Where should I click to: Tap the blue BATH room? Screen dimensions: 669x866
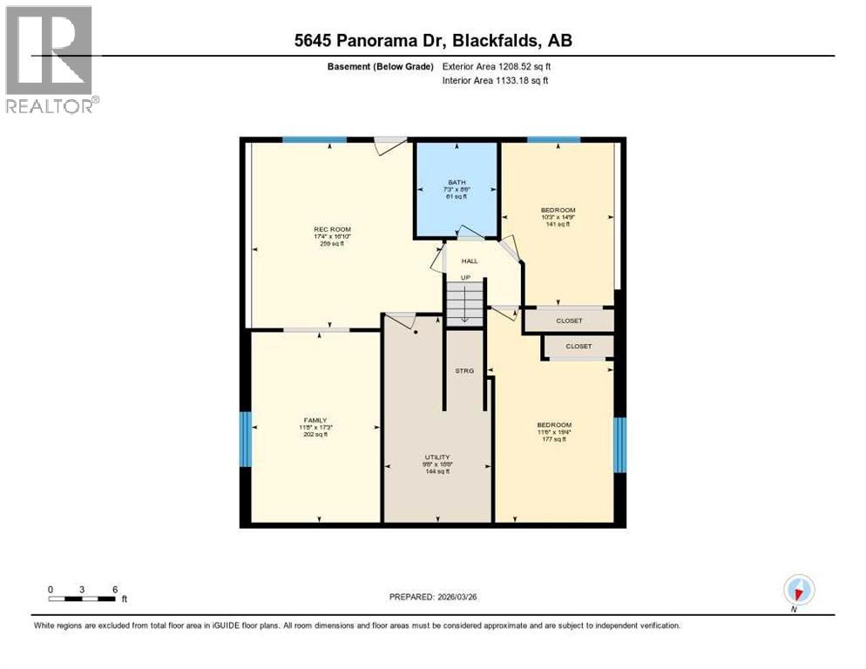click(x=457, y=189)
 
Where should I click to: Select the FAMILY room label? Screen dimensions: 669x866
click(x=315, y=420)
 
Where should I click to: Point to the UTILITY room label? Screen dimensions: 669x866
click(x=437, y=457)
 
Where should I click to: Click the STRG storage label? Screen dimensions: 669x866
click(x=464, y=371)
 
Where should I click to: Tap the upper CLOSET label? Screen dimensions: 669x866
click(x=569, y=321)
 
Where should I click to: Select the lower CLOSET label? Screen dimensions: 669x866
click(x=578, y=347)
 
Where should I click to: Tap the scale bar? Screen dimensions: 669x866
click(x=82, y=598)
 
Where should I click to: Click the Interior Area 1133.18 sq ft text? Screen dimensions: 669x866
click(x=495, y=81)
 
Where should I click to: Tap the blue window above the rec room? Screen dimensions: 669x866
click(x=315, y=139)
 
